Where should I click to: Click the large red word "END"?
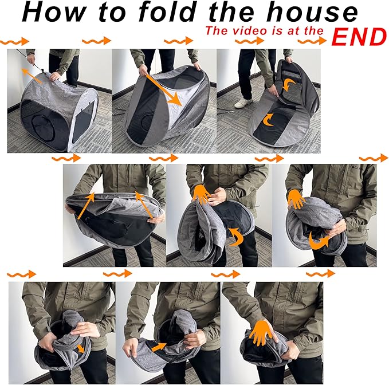[359, 37]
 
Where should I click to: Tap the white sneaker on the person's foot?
[243, 103]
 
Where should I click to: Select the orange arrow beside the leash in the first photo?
[32, 76]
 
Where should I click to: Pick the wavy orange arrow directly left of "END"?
[312, 41]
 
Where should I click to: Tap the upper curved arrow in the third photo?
[289, 85]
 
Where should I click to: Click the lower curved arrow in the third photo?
[268, 120]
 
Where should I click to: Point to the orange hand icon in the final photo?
[261, 332]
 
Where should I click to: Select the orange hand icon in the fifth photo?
[202, 194]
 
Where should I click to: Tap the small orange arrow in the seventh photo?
[80, 348]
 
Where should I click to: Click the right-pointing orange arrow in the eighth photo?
[159, 347]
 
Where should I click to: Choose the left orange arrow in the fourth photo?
[86, 206]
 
